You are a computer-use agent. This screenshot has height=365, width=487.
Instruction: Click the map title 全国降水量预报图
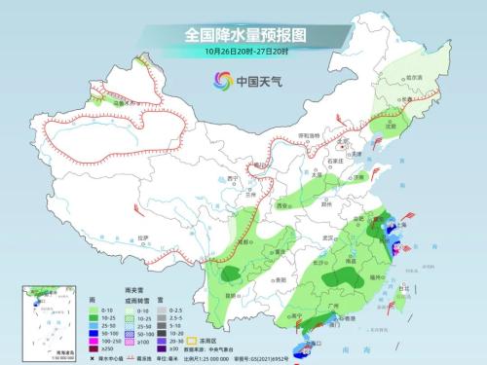pyautogui.click(x=243, y=35)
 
